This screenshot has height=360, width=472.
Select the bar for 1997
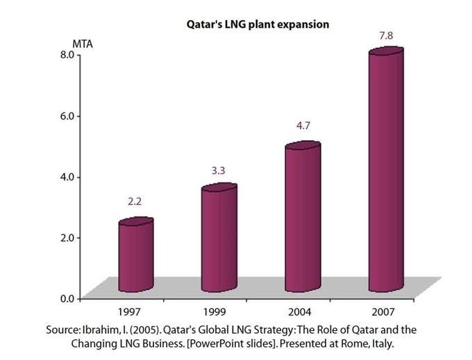click(x=135, y=256)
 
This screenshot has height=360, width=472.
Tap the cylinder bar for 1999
click(x=219, y=239)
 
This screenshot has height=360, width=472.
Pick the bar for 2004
click(x=303, y=218)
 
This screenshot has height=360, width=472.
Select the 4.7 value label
click(x=303, y=126)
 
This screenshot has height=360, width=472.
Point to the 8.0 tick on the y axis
click(x=67, y=54)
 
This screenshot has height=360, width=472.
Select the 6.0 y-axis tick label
click(x=67, y=115)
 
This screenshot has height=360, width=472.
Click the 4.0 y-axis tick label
click(x=67, y=176)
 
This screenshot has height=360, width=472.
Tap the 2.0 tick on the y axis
click(x=67, y=237)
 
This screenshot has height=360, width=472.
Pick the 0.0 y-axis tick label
click(x=67, y=298)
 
